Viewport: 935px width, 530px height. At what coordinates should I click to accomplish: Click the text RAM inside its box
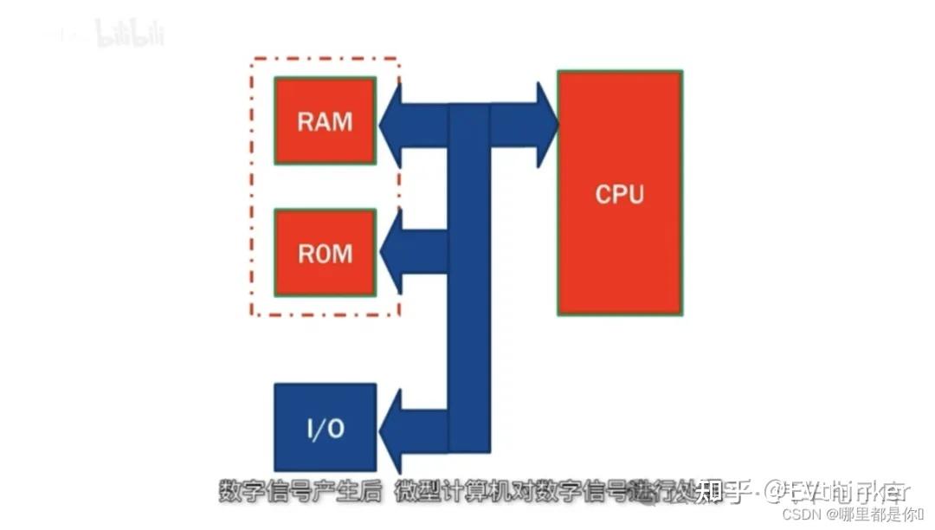325,120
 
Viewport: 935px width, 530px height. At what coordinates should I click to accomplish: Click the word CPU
620,193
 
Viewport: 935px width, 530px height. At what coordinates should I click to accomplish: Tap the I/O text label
325,429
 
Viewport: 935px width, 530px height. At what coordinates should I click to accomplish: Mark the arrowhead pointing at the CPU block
545,125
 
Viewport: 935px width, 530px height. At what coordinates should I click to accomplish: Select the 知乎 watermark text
721,492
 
